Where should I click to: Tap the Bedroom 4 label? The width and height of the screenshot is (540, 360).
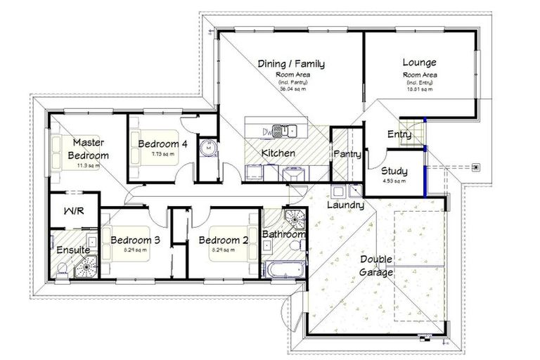pyautogui.click(x=162, y=144)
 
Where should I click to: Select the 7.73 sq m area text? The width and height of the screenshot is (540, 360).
pyautogui.click(x=162, y=155)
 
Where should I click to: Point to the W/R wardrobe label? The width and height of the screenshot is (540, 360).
pyautogui.click(x=73, y=211)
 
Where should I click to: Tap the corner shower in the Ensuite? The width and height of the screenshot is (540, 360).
pyautogui.click(x=86, y=266)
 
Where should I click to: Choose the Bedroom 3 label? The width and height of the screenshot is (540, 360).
pyautogui.click(x=135, y=240)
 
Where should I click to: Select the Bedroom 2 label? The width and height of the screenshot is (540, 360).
pyautogui.click(x=223, y=240)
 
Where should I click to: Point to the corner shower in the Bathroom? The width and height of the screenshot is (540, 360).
pyautogui.click(x=294, y=219)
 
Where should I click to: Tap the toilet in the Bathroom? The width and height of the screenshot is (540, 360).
pyautogui.click(x=300, y=245)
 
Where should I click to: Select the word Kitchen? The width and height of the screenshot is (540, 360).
pyautogui.click(x=278, y=153)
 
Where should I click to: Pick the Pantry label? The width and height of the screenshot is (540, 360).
pyautogui.click(x=347, y=153)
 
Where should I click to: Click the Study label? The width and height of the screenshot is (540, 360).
pyautogui.click(x=394, y=171)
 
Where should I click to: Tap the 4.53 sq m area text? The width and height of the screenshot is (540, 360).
pyautogui.click(x=394, y=181)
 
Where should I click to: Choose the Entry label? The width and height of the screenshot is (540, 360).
pyautogui.click(x=399, y=134)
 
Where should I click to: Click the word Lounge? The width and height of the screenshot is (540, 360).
pyautogui.click(x=419, y=62)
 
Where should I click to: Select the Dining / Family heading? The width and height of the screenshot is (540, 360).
pyautogui.click(x=291, y=64)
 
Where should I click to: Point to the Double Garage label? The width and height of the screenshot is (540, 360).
pyautogui.click(x=376, y=266)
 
